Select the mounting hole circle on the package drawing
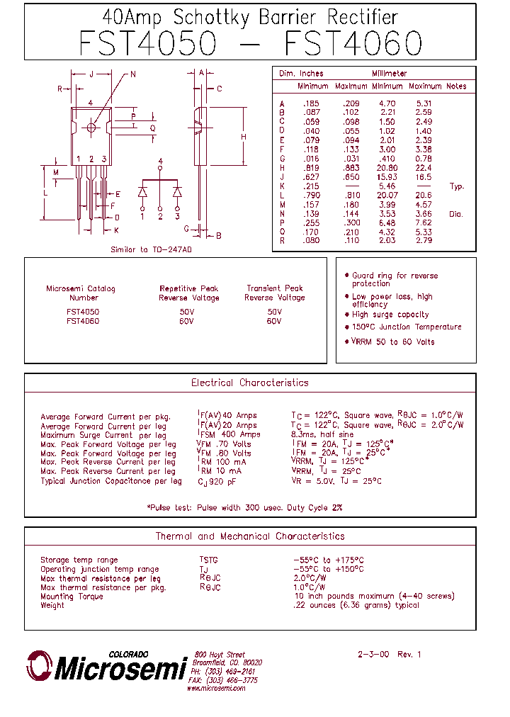pyautogui.click(x=91, y=128)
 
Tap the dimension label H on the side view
pyautogui.click(x=243, y=137)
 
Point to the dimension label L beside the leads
pyautogui.click(x=45, y=192)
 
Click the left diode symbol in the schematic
pyautogui.click(x=142, y=191)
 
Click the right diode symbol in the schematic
pyautogui.click(x=177, y=191)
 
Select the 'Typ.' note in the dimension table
pyautogui.click(x=457, y=186)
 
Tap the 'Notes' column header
pyautogui.click(x=457, y=86)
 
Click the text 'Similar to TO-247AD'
pyautogui.click(x=152, y=250)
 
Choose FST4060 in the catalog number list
pyautogui.click(x=82, y=321)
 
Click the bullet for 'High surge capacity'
pyautogui.click(x=346, y=315)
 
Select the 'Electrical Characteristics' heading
pyautogui.click(x=250, y=383)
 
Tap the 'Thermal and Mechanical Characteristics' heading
pyautogui.click(x=250, y=536)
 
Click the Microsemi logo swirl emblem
pyautogui.click(x=39, y=667)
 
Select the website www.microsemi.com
pyautogui.click(x=217, y=688)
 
